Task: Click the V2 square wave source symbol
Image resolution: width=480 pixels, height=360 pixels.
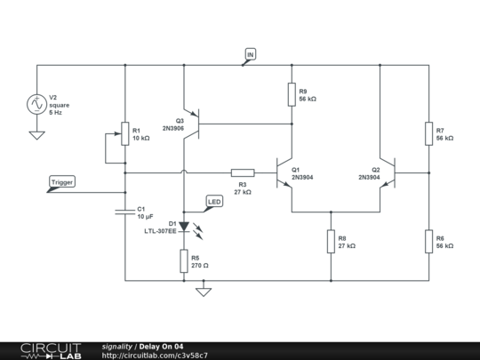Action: click(37, 104)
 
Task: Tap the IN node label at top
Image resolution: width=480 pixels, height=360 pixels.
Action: click(250, 56)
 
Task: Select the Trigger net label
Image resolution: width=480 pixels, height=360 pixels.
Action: click(62, 182)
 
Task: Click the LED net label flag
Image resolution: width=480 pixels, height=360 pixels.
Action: click(214, 201)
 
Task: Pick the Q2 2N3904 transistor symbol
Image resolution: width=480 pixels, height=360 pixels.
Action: click(388, 172)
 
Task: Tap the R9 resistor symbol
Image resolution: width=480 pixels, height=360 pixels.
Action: click(292, 94)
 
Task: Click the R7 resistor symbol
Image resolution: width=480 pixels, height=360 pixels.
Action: click(428, 133)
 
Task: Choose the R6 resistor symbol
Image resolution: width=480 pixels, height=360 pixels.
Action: click(428, 240)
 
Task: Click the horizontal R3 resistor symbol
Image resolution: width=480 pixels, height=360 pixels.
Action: click(242, 172)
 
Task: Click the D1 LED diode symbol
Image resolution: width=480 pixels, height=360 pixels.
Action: click(184, 227)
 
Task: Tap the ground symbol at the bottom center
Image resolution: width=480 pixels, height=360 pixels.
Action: click(204, 290)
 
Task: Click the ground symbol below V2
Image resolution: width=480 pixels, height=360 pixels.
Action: click(37, 135)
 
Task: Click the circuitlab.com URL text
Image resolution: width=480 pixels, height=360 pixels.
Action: click(156, 355)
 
